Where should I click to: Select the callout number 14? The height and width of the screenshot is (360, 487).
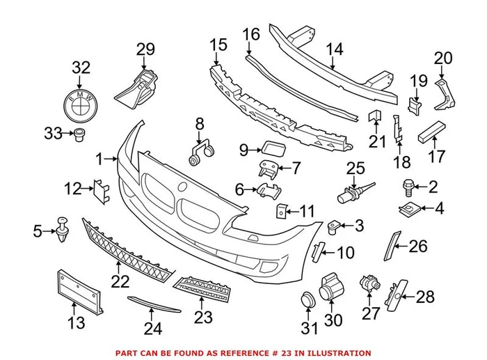[x=335, y=49]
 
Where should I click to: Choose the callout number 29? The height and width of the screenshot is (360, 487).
[x=145, y=49]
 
